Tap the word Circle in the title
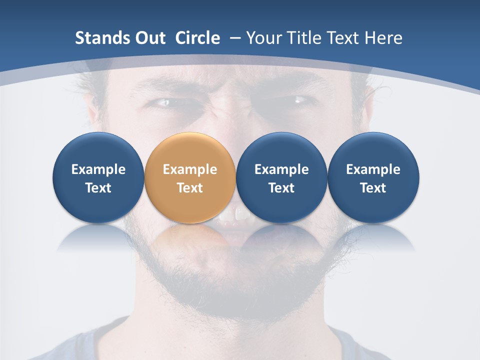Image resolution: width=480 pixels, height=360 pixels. (197, 38)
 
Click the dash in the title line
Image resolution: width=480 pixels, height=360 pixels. (234, 38)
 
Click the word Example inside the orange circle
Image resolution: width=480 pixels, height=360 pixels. (190, 169)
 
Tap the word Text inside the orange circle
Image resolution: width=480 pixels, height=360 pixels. (190, 188)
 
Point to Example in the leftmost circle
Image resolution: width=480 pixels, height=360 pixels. (98, 169)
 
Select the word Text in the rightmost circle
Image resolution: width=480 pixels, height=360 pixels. (373, 188)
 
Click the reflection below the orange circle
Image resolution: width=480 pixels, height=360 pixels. (190, 238)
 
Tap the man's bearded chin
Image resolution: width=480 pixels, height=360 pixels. (235, 290)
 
